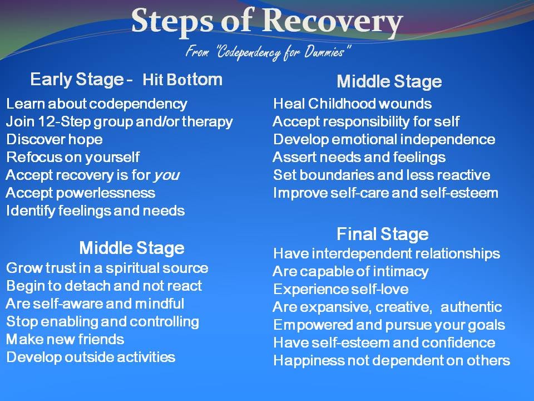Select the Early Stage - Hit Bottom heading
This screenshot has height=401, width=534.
[126, 80]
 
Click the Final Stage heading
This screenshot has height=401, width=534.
[382, 233]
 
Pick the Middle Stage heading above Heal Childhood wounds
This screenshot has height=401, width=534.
[389, 82]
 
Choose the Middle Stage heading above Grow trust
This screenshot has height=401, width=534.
[131, 247]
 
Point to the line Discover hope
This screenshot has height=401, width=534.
[54, 139]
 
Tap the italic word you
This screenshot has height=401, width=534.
[166, 175]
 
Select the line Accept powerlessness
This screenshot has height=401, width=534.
[80, 193]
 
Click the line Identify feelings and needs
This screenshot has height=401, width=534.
[95, 211]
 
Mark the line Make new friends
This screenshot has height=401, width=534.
[65, 339]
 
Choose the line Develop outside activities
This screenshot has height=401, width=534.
[91, 357]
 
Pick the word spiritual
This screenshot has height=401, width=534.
[121, 268]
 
